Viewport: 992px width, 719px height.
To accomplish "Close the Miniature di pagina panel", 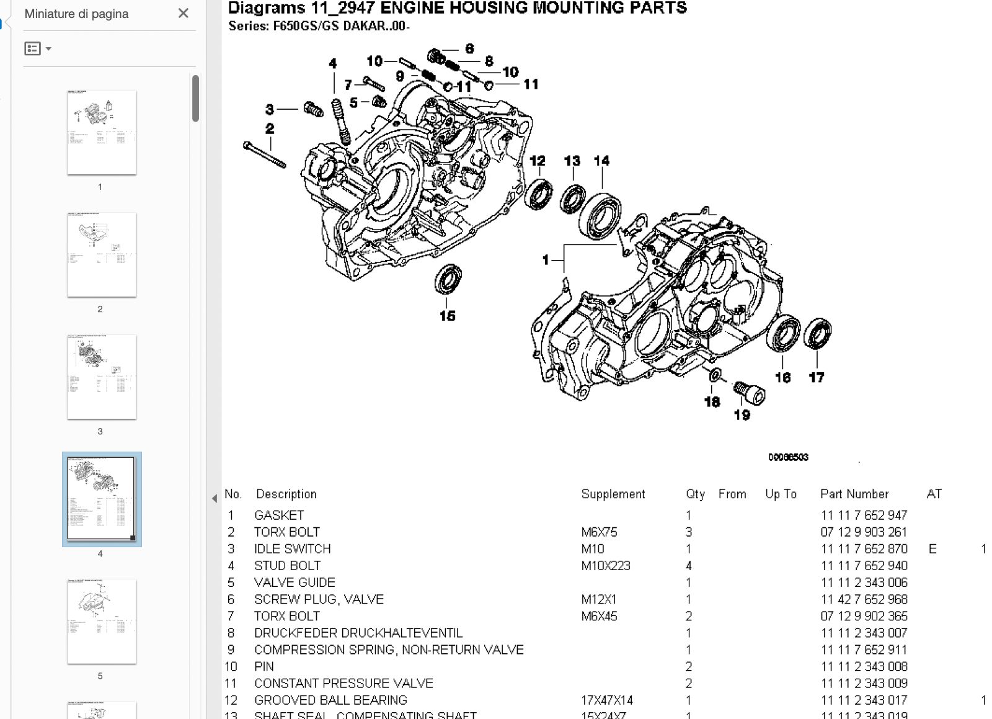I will point(183,13).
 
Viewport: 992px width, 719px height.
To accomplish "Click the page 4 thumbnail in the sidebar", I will point(101,499).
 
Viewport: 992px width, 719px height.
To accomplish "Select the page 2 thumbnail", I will point(101,254).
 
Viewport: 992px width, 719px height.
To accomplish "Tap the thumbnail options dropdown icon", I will point(37,48).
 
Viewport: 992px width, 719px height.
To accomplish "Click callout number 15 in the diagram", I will point(447,316).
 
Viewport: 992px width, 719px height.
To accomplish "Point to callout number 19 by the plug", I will point(742,415).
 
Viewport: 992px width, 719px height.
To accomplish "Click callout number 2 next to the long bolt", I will point(270,128).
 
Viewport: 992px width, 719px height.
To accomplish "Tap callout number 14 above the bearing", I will point(601,161).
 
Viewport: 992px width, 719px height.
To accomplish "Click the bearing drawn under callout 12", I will point(539,194).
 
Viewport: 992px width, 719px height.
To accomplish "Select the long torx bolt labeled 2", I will point(265,154).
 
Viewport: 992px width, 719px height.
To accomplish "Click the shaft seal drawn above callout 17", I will point(817,333).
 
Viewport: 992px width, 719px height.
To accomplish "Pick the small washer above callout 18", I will point(715,375).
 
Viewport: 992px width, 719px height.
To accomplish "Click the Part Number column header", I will point(854,494).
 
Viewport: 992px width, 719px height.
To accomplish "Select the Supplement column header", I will point(613,494).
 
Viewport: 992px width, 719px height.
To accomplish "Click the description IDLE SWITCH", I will point(292,549).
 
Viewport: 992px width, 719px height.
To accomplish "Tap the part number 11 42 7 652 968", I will point(864,599).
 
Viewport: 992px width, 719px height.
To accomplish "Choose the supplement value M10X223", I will point(605,566).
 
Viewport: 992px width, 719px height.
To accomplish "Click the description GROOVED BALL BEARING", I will point(330,700).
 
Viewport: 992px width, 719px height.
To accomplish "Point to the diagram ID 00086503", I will point(788,457).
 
